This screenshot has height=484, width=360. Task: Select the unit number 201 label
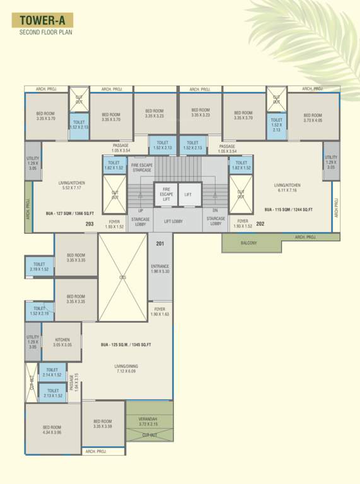pyautogui.click(x=160, y=245)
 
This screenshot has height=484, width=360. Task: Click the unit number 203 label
pyautogui.click(x=90, y=224)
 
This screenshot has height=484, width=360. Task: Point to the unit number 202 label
pyautogui.click(x=260, y=224)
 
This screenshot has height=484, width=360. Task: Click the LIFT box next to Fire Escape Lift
pyautogui.click(x=189, y=195)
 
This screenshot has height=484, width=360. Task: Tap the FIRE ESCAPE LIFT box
pyautogui.click(x=166, y=195)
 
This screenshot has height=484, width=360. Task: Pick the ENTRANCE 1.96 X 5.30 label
pyautogui.click(x=160, y=269)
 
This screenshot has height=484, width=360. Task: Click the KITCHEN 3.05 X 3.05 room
pyautogui.click(x=62, y=341)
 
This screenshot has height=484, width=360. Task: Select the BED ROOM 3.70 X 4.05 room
pyautogui.click(x=313, y=118)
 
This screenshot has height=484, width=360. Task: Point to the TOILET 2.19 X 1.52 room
pyautogui.click(x=39, y=267)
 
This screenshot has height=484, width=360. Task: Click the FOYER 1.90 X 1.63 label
pyautogui.click(x=160, y=311)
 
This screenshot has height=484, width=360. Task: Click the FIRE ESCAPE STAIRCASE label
pyautogui.click(x=141, y=168)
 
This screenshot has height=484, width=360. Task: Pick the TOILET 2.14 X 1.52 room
pyautogui.click(x=52, y=372)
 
